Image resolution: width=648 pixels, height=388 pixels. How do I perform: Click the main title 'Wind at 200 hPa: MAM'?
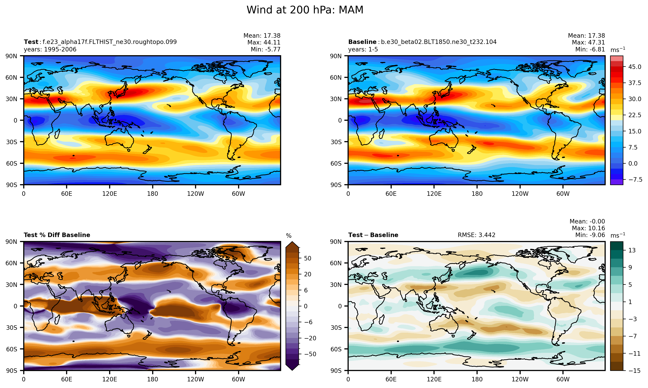point(305,10)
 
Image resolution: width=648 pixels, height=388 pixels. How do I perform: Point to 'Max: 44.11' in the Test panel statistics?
point(264,42)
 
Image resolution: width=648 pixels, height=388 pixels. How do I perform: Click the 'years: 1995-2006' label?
point(50,49)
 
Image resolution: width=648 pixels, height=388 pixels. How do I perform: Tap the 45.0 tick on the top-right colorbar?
point(635,67)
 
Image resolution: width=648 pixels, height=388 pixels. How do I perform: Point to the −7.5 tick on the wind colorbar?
point(635,180)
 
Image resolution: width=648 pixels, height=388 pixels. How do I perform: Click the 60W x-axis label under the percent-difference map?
point(238,379)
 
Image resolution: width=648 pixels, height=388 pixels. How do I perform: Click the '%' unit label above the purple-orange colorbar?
point(289,236)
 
